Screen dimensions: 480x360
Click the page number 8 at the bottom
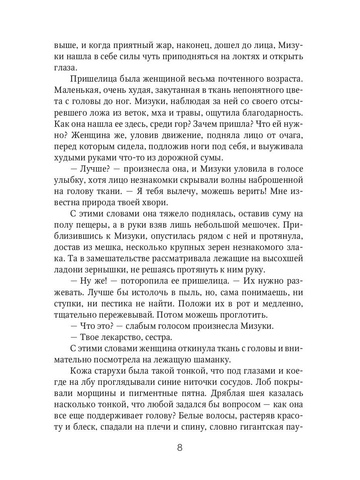[180, 447]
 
